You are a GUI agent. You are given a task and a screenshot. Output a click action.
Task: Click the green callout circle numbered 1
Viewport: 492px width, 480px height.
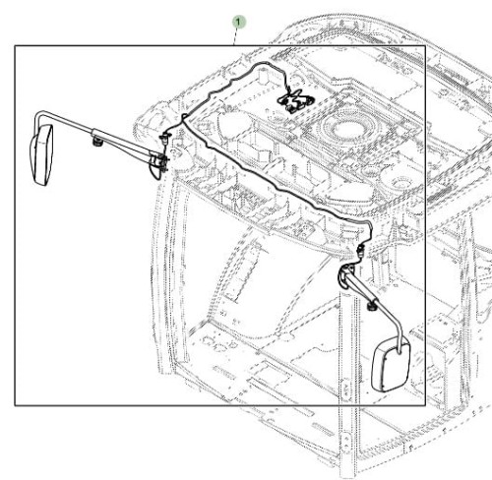click(238, 23)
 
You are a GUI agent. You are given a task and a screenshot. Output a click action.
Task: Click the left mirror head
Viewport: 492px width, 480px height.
click(41, 154)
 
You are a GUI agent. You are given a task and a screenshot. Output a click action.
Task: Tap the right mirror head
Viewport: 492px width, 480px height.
click(391, 364)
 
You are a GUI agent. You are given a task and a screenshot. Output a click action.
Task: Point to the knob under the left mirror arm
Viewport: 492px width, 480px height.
click(96, 142)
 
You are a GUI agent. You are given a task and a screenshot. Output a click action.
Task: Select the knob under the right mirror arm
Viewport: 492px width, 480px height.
click(372, 307)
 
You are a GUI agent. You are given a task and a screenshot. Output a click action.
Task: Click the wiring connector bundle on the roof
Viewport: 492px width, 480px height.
click(295, 100)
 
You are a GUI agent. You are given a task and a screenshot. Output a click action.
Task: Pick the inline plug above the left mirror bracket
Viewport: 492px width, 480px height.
click(165, 138)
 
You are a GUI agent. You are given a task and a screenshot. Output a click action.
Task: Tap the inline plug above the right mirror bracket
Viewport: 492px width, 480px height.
click(360, 251)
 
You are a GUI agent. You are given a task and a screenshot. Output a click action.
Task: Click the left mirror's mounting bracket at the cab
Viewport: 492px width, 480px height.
click(158, 160)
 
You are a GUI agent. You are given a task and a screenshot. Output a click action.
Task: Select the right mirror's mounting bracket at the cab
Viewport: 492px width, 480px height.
click(344, 276)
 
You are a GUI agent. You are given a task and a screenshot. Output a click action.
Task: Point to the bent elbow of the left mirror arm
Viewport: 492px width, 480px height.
click(37, 115)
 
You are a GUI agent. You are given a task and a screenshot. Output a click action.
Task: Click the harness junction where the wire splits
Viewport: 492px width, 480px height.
click(184, 117)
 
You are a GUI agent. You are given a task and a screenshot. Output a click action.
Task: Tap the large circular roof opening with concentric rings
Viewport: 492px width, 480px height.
click(347, 126)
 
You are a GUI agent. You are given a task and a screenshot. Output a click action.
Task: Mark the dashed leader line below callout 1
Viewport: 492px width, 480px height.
click(235, 37)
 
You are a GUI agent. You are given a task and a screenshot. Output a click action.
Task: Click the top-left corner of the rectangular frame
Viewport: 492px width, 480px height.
click(15, 46)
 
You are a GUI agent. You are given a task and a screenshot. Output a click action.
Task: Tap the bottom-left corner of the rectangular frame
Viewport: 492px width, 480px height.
click(15, 405)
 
